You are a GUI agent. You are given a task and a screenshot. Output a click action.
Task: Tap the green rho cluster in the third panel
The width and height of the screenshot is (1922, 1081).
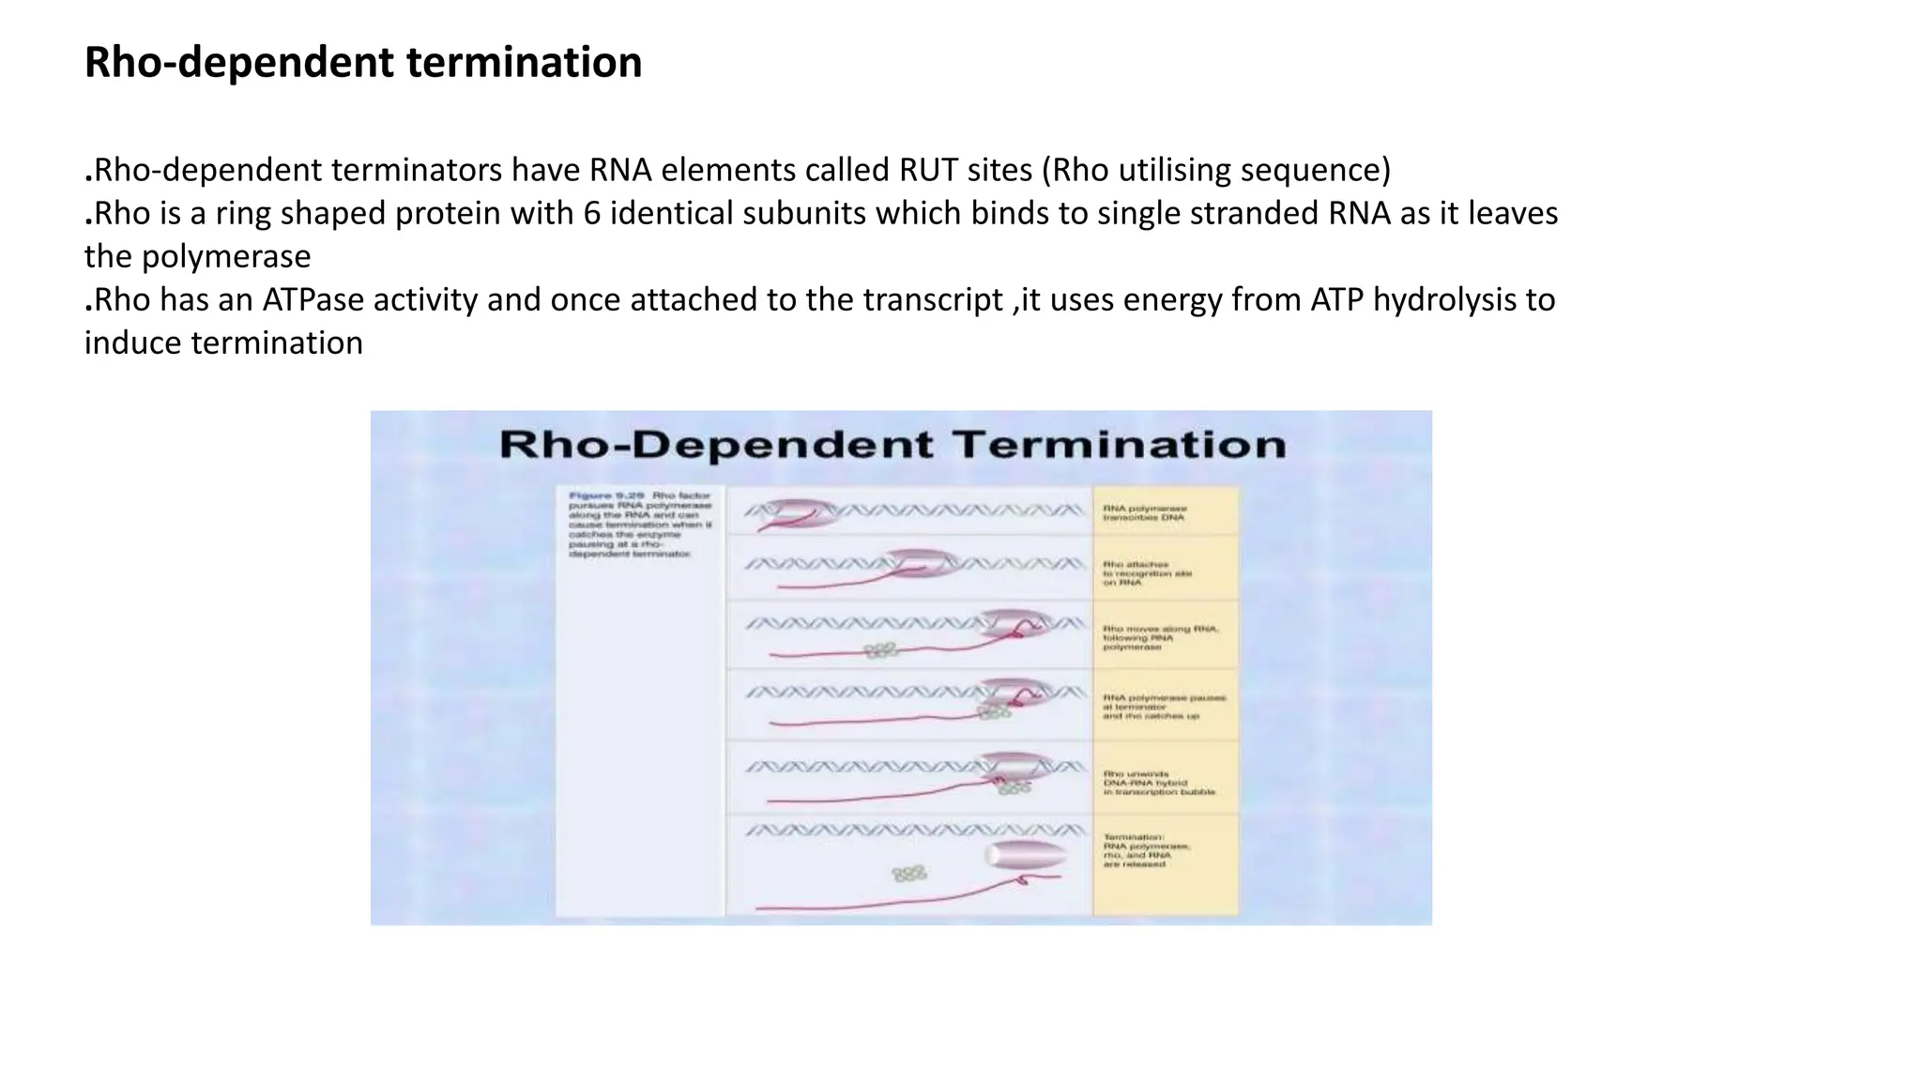pos(880,649)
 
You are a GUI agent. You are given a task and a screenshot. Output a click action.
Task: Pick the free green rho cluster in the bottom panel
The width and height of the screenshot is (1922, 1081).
pos(908,874)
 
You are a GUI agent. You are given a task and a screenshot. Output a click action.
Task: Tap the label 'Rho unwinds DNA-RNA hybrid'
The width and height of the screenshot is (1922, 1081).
pos(1158,784)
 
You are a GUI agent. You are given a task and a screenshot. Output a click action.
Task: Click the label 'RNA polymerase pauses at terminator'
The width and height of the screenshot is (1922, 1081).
pos(1164,707)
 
